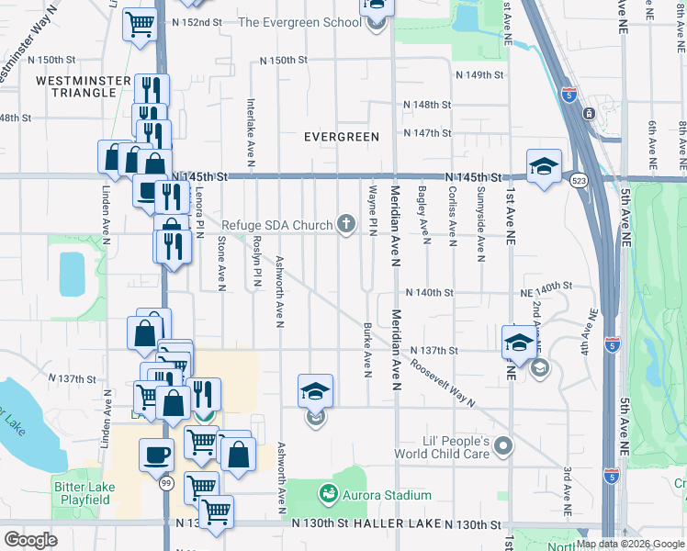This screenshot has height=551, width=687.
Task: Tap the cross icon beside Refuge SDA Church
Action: pyautogui.click(x=346, y=224)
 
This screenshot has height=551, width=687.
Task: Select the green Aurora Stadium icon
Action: pyautogui.click(x=327, y=495)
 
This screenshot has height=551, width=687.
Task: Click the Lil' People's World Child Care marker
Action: pyautogui.click(x=502, y=447)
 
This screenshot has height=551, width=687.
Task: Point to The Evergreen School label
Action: pyautogui.click(x=299, y=22)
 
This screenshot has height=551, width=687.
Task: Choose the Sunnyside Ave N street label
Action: pyautogui.click(x=480, y=219)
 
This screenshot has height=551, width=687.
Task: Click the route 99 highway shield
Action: pyautogui.click(x=165, y=507)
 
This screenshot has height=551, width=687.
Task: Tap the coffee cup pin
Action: pyautogui.click(x=156, y=454)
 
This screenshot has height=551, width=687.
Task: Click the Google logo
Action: pyautogui.click(x=30, y=540)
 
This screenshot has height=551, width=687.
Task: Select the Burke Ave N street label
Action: pyautogui.click(x=366, y=350)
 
